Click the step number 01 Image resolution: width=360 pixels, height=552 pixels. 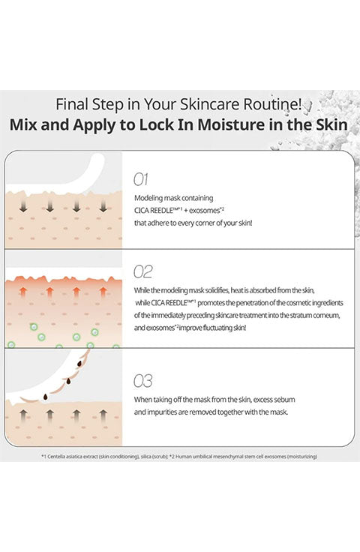tap(141, 179)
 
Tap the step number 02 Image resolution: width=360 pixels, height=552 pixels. tap(142, 271)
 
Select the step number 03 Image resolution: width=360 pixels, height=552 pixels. tap(142, 381)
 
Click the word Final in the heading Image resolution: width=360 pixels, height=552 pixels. tap(72, 104)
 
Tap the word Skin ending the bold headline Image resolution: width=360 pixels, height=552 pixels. tap(331, 125)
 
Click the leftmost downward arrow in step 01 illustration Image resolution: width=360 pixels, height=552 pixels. tap(23, 206)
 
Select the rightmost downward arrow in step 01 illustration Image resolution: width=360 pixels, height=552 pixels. tap(103, 206)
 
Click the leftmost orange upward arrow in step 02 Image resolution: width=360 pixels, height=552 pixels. tap(23, 292)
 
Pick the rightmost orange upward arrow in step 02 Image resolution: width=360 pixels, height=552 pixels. tap(103, 292)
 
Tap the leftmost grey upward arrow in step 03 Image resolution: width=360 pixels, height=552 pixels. tap(23, 415)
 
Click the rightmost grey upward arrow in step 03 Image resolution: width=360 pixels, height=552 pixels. tap(103, 415)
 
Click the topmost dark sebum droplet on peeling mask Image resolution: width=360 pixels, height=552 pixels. tap(79, 363)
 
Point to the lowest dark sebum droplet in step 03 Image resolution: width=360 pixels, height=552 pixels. tap(46, 397)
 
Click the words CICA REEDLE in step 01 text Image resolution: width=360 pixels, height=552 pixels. tap(154, 211)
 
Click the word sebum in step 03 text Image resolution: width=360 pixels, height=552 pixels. tap(284, 400)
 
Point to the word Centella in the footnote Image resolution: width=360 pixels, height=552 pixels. tap(55, 457)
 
